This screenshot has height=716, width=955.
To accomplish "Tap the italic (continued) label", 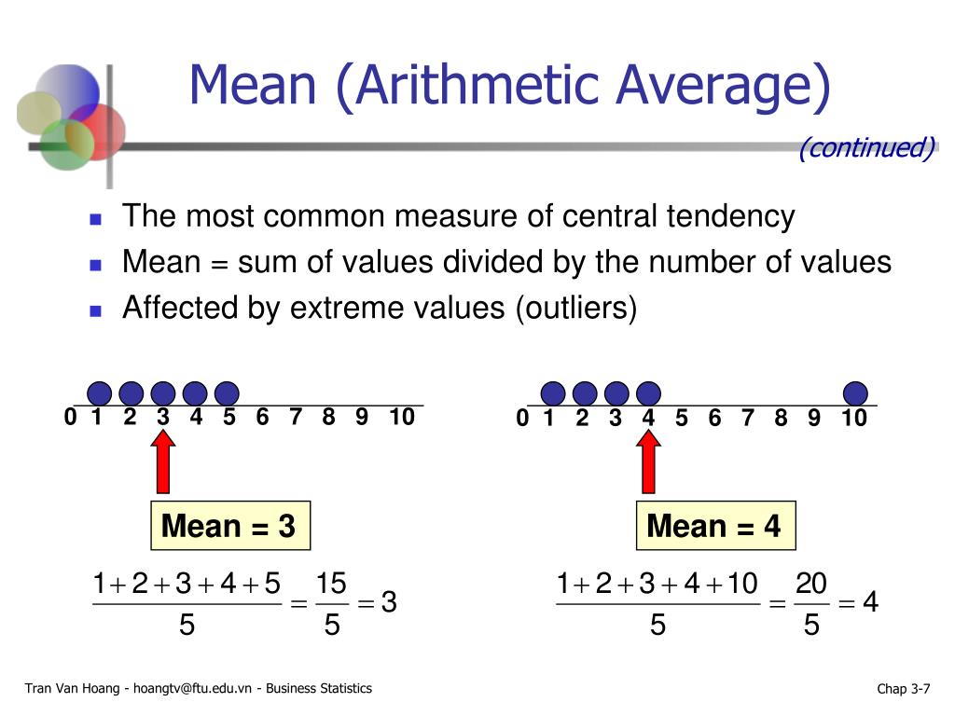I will (866, 148).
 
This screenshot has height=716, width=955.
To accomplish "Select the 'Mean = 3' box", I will (228, 527).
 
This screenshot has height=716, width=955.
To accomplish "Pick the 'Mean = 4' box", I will (713, 527).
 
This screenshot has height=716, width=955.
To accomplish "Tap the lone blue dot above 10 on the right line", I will (854, 393).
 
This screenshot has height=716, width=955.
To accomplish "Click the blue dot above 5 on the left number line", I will (227, 393).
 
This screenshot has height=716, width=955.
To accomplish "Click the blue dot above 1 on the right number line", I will (553, 393).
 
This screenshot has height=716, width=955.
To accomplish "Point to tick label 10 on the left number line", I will (402, 418).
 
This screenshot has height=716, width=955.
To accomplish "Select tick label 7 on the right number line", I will (747, 419).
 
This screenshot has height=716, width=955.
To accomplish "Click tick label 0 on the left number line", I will (70, 418).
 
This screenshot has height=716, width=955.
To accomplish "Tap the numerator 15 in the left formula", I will (331, 585).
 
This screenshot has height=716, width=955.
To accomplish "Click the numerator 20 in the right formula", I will (811, 585).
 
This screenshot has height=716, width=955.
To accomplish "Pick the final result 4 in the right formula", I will (870, 604).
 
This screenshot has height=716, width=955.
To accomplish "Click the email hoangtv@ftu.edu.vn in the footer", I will (193, 689).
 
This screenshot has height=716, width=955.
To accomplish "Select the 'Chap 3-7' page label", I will (903, 689).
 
